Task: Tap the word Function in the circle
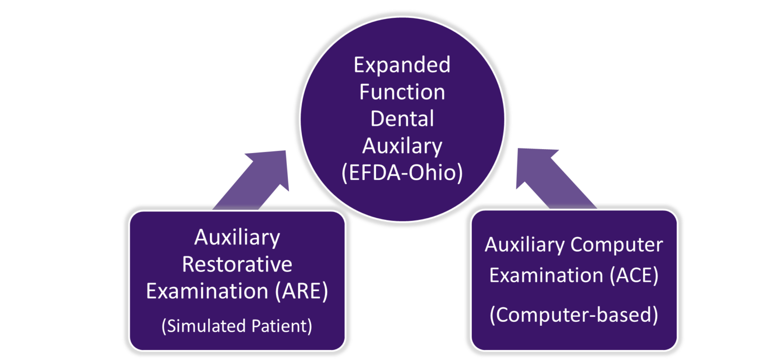(402, 93)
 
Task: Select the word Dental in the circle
(402, 119)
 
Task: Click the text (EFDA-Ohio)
(402, 174)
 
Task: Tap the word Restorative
(237, 265)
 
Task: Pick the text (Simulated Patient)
(237, 327)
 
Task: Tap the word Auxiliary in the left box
(237, 238)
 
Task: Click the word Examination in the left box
(207, 292)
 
